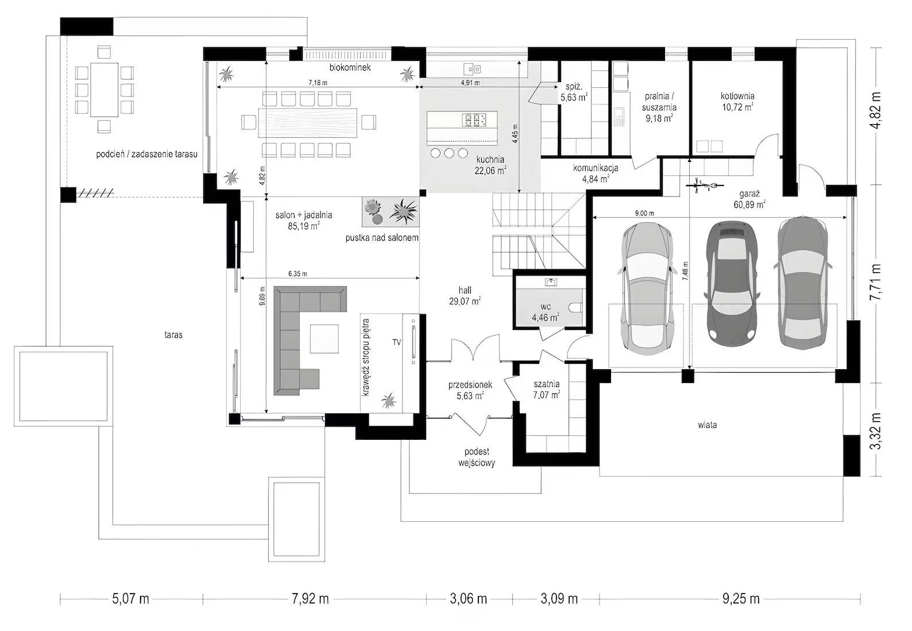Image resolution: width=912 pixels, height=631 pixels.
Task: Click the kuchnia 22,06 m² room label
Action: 490,165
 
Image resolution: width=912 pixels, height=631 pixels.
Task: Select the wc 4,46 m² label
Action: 545,312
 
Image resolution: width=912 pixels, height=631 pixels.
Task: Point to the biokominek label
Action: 350,67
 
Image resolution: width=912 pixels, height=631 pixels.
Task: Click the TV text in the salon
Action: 396,342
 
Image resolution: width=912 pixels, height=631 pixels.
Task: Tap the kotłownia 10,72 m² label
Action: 737,102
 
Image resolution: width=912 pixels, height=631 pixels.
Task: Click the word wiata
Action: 707,425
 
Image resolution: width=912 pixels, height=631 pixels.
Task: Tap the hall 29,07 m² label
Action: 465,295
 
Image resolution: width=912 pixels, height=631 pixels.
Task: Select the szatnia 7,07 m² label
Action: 546,389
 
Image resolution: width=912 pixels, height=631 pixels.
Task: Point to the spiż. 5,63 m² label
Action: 574,92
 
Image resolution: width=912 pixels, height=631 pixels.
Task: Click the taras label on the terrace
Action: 173,334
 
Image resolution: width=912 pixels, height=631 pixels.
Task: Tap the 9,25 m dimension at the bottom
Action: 741,599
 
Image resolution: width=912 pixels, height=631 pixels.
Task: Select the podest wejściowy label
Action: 477,457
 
